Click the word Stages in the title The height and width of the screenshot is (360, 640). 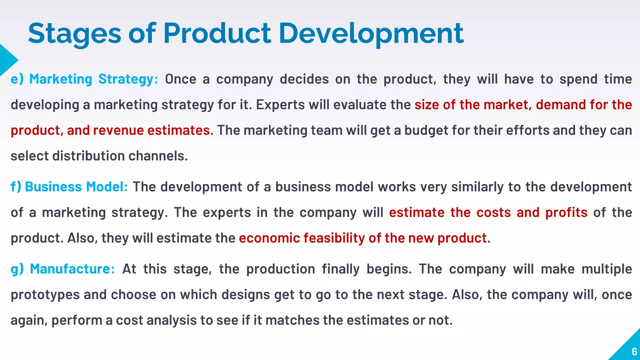point(74,34)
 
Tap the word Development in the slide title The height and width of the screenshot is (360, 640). point(371,34)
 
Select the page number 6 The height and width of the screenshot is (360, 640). point(634,352)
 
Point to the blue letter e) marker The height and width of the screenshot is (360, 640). point(17,79)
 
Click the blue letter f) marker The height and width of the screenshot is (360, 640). point(16,187)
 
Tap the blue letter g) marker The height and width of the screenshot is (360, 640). point(17,269)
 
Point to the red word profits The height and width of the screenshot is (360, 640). point(566,212)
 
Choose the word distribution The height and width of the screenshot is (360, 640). point(88,156)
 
